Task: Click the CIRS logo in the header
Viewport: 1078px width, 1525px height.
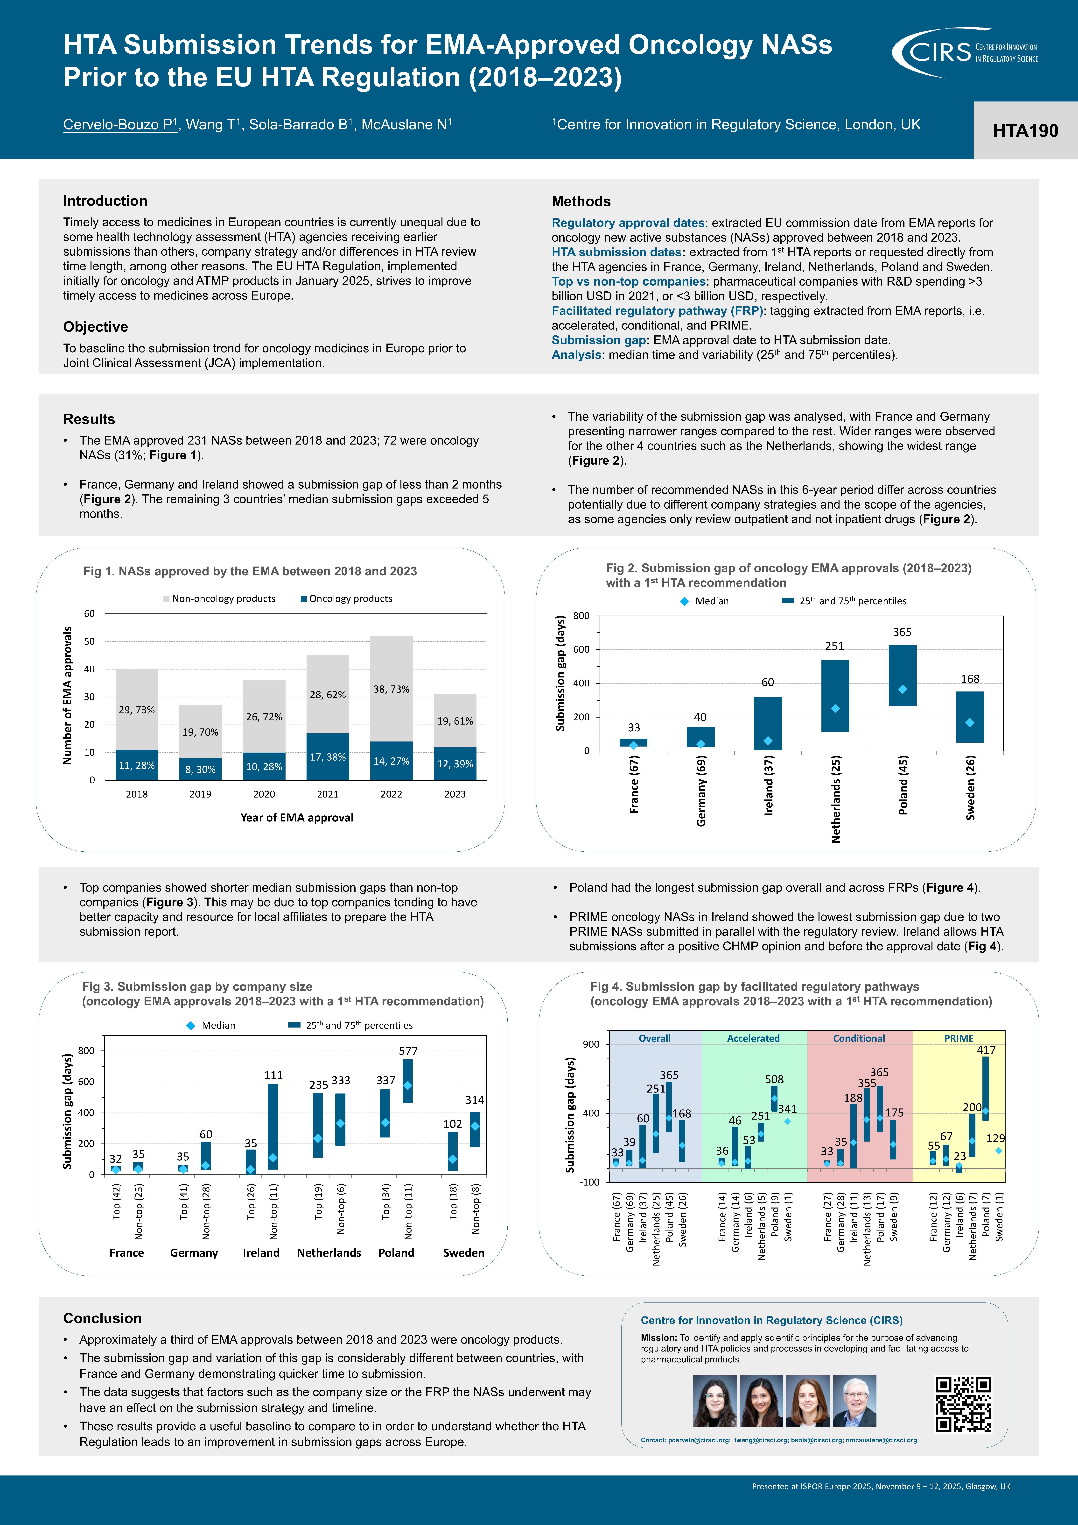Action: click(x=965, y=52)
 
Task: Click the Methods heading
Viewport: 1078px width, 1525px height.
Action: click(x=581, y=201)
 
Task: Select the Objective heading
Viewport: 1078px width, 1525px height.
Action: click(x=96, y=327)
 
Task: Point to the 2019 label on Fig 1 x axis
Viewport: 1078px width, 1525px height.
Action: click(x=200, y=794)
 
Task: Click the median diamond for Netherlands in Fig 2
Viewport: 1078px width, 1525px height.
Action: click(x=835, y=709)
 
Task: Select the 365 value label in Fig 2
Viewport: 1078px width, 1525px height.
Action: click(x=902, y=632)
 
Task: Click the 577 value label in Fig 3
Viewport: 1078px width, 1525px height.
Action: click(x=408, y=1051)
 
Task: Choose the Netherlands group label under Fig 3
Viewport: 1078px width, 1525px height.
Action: click(x=329, y=1253)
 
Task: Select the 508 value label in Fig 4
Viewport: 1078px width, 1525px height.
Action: click(x=774, y=1079)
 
